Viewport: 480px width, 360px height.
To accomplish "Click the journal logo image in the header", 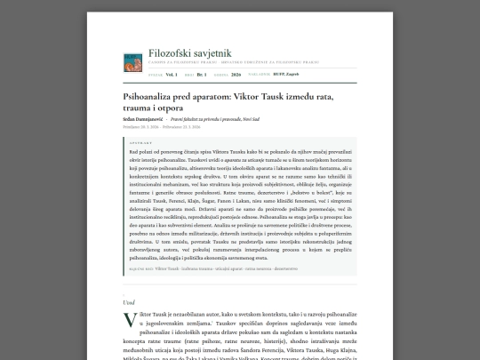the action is point(132,61).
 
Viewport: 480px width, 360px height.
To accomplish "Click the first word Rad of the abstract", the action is point(133,152).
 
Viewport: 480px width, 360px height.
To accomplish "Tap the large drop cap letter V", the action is point(129,319).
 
